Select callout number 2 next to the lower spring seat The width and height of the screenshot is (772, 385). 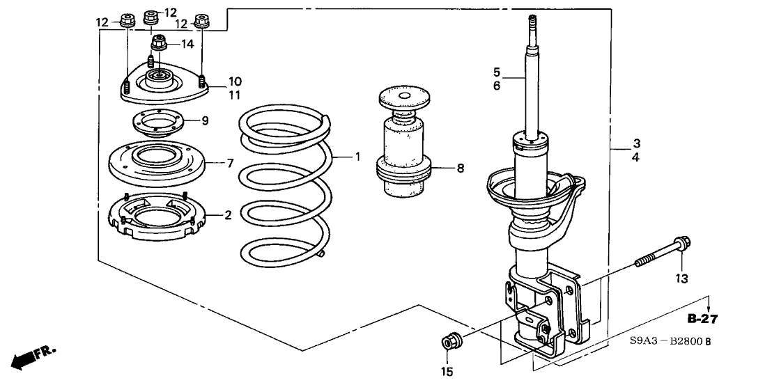coord(227,216)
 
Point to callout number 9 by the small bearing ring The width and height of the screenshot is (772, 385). coord(205,121)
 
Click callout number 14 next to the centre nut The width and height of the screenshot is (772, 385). coord(187,45)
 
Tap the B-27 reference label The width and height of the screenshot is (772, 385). coord(702,320)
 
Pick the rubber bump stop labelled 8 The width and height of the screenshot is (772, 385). coord(404,147)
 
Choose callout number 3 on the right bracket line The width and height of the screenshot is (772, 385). coord(636,144)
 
